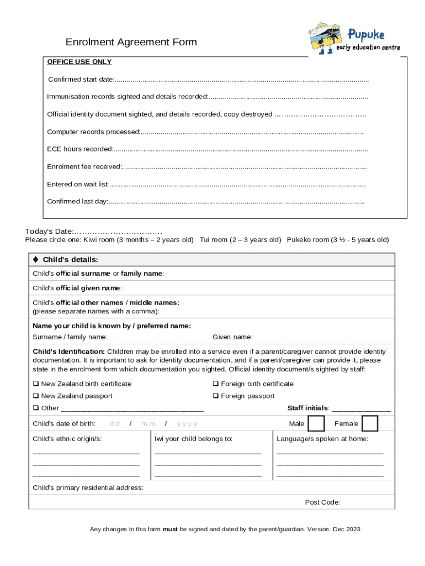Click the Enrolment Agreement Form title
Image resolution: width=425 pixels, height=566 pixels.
pyautogui.click(x=131, y=43)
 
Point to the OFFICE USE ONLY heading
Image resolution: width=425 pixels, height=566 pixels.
pyautogui.click(x=79, y=62)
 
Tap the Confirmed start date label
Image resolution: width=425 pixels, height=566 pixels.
pyautogui.click(x=81, y=80)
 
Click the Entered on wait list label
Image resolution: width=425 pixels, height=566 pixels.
pyautogui.click(x=78, y=184)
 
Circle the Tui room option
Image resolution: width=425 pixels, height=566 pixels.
pyautogui.click(x=240, y=240)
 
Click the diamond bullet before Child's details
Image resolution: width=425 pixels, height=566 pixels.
pyautogui.click(x=36, y=259)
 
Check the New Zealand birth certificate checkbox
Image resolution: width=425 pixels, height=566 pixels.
pyautogui.click(x=36, y=384)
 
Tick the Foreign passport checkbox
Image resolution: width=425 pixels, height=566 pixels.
pyautogui.click(x=216, y=396)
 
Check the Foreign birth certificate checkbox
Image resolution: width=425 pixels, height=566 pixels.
pyautogui.click(x=216, y=384)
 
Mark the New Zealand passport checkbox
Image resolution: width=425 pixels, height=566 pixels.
pyautogui.click(x=36, y=396)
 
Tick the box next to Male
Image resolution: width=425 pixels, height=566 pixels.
pyautogui.click(x=316, y=423)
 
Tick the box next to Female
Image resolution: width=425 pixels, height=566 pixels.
pyautogui.click(x=370, y=423)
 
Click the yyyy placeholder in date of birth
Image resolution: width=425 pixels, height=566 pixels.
pyautogui.click(x=187, y=424)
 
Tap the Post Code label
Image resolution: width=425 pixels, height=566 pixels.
pyautogui.click(x=322, y=502)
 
